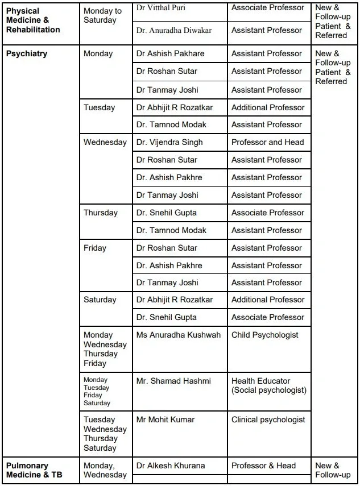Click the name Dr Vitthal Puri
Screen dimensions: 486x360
click(x=160, y=9)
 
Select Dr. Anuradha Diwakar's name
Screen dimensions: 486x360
click(x=173, y=30)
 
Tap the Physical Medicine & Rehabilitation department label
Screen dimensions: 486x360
click(x=33, y=20)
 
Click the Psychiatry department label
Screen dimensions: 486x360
click(x=27, y=54)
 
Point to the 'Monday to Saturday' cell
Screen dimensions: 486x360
click(x=102, y=15)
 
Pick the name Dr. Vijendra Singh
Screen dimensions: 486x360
click(x=169, y=142)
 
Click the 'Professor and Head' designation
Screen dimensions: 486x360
click(x=267, y=142)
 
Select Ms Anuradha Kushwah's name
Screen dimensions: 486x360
click(x=178, y=335)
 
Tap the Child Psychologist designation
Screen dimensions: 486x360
click(x=264, y=335)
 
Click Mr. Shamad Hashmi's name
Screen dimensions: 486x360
click(x=173, y=381)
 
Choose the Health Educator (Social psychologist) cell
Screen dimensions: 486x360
click(x=268, y=385)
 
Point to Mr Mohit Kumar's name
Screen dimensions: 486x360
click(x=165, y=419)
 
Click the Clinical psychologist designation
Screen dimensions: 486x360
click(x=268, y=419)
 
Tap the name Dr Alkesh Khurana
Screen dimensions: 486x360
click(x=171, y=466)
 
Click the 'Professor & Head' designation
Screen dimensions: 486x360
click(x=263, y=466)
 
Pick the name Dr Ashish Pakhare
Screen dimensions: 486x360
click(x=170, y=54)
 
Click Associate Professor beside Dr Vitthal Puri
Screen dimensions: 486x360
click(x=267, y=9)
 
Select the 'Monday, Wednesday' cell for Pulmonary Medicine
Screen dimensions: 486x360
click(x=105, y=470)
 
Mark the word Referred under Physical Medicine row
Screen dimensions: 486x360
click(x=331, y=35)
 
